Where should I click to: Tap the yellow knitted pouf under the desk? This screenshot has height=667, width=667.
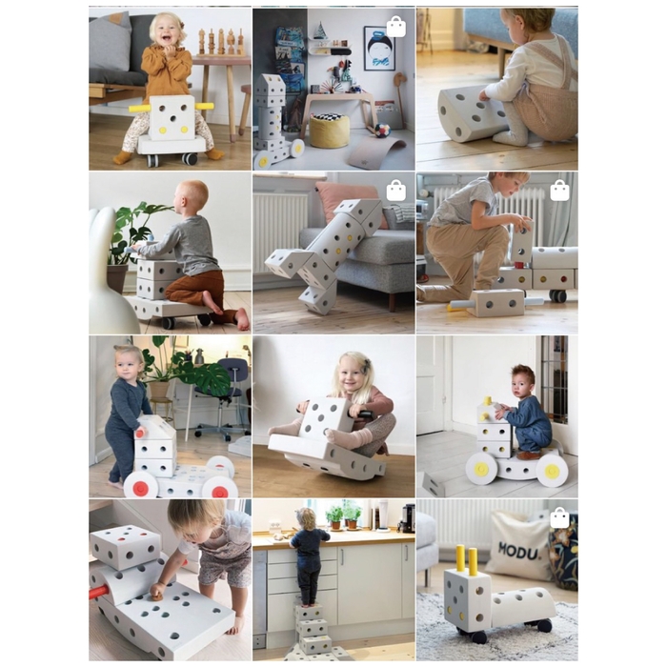[330, 131]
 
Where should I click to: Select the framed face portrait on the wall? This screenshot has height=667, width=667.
[377, 50]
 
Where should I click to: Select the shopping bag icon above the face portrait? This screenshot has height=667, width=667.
[395, 26]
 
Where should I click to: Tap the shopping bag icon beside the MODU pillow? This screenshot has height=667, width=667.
[559, 517]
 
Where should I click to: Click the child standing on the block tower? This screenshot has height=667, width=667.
[308, 554]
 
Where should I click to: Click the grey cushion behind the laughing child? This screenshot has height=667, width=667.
[112, 43]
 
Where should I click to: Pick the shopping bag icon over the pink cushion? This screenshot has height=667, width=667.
[395, 191]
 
